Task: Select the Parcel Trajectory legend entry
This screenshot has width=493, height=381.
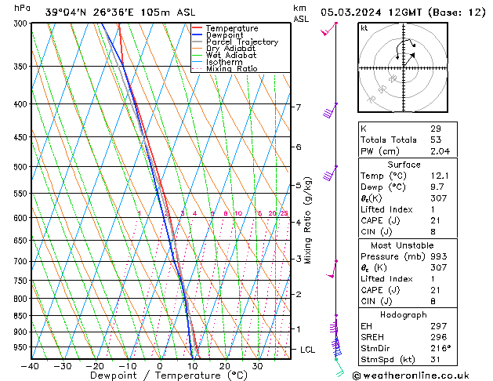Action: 241,42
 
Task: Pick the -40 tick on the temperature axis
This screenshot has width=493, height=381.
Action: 31,366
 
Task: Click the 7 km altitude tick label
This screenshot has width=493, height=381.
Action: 298,107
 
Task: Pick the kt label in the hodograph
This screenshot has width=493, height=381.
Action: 364,27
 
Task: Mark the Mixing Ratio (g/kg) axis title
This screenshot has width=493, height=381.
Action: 308,220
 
